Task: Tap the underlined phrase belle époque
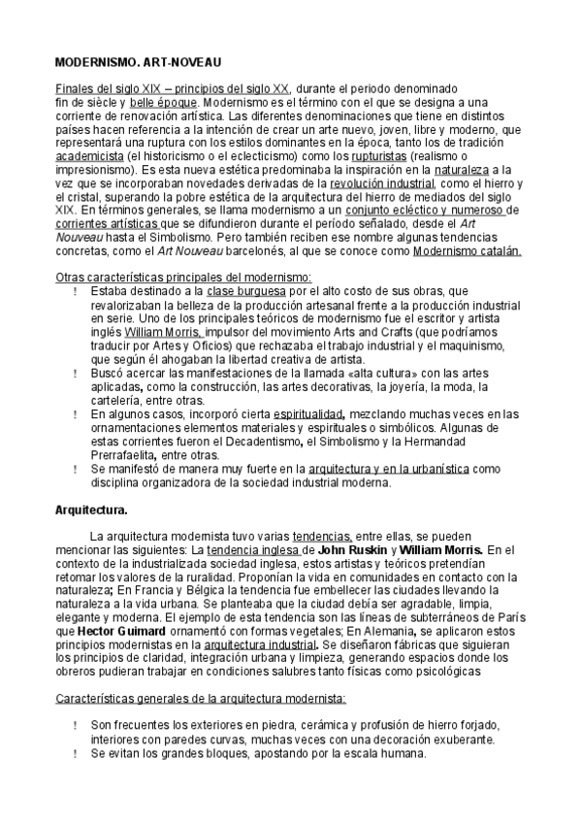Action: click(x=164, y=101)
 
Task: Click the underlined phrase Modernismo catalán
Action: click(x=468, y=249)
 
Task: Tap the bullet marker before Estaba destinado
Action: click(x=76, y=290)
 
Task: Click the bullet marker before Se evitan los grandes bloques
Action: click(x=76, y=752)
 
